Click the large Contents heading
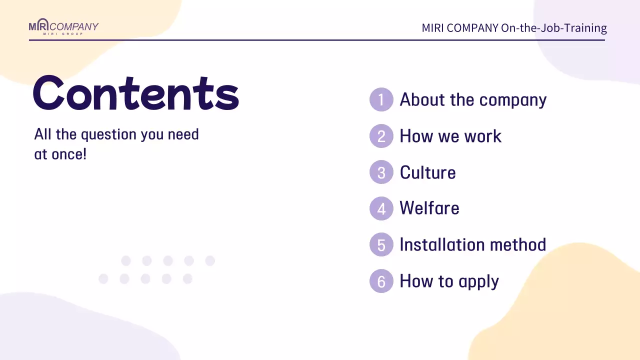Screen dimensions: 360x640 [x=136, y=93]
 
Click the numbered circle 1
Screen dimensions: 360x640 [x=381, y=99]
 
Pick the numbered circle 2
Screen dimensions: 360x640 [x=381, y=136]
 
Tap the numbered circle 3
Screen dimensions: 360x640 [x=381, y=172]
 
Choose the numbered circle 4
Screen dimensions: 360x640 [x=381, y=208]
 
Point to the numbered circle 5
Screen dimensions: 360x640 [x=381, y=245]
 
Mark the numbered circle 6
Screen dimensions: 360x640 [x=381, y=281]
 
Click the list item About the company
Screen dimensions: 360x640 [x=473, y=99]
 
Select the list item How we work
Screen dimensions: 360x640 [x=450, y=136]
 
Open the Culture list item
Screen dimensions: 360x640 [x=427, y=172]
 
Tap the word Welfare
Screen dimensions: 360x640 [x=429, y=208]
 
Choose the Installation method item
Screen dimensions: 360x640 [x=472, y=245]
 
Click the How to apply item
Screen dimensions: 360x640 [x=449, y=281]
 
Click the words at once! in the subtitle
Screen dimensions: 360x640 [x=60, y=154]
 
